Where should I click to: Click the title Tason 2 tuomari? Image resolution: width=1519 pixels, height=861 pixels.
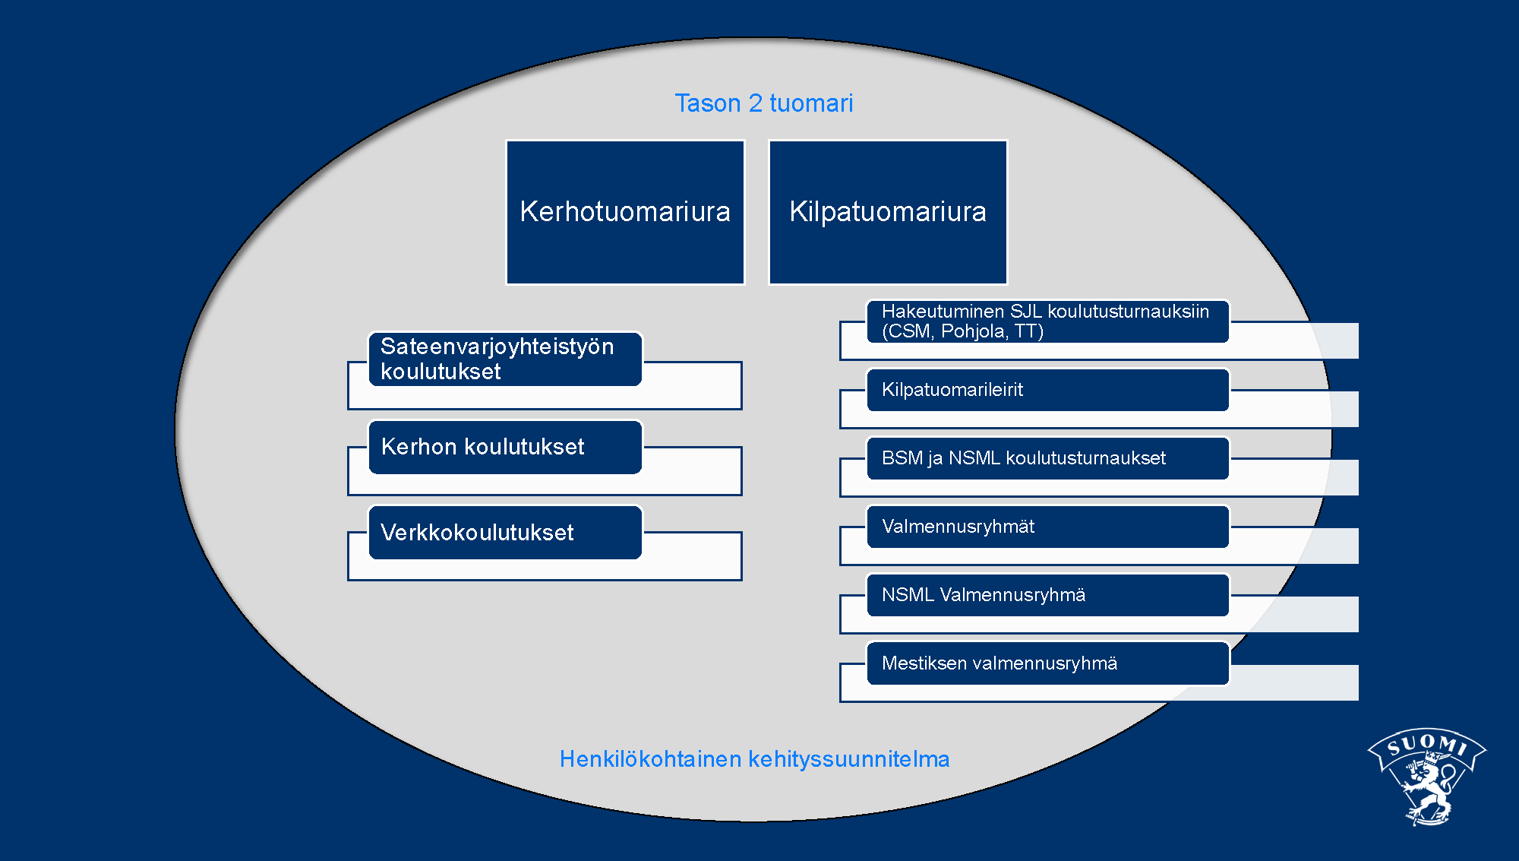point(764,103)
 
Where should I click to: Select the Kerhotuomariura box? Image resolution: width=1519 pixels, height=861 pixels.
point(625,212)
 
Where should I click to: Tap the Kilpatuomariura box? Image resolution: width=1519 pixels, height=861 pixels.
point(888,212)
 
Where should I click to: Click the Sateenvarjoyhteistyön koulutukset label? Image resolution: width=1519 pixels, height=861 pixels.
point(497,359)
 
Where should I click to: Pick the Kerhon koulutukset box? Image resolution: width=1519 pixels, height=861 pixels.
point(505,447)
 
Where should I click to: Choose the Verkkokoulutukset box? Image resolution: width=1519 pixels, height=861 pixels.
point(505,532)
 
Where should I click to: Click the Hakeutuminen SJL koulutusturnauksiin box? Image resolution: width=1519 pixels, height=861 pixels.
point(1048,321)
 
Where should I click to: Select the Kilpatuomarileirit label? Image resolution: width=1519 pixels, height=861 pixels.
point(952,390)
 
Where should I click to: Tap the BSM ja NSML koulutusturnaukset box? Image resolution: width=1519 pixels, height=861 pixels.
point(1048,458)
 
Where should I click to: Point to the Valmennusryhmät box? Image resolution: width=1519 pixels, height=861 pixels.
point(1048,527)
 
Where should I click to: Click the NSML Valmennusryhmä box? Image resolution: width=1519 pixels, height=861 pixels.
point(1048,595)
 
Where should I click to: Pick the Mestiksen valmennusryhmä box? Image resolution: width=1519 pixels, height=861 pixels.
point(1048,663)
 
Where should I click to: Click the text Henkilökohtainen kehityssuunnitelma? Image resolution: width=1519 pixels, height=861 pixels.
point(754,759)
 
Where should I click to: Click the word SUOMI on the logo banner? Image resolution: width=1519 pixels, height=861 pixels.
point(1427,743)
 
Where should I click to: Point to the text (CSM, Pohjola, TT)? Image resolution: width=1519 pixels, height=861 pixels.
point(962,331)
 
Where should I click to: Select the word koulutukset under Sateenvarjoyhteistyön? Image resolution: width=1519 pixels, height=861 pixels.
point(441,372)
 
